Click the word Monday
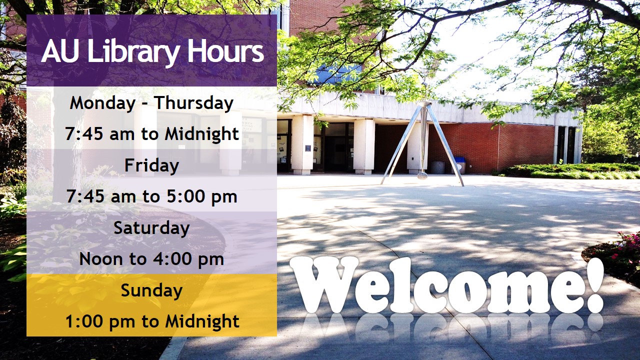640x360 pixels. click(x=102, y=103)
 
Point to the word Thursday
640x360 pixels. click(x=193, y=103)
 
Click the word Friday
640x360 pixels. click(x=151, y=165)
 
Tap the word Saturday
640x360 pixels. click(x=151, y=228)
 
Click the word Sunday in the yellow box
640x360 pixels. click(x=151, y=290)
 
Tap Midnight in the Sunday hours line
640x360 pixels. click(x=202, y=321)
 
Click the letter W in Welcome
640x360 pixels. click(x=325, y=285)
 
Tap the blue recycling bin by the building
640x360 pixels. click(x=459, y=165)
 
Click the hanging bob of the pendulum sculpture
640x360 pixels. click(x=423, y=175)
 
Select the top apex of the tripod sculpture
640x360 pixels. click(x=425, y=104)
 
